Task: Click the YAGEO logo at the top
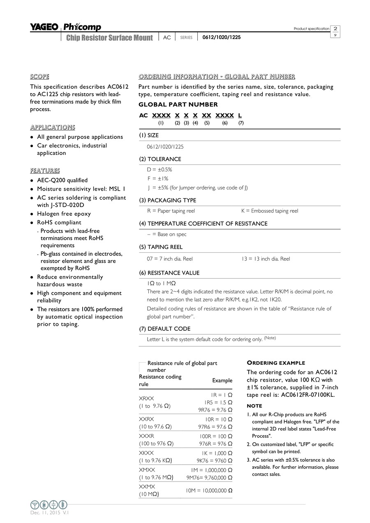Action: (44, 27)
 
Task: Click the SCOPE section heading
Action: (39, 77)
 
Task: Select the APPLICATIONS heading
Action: (52, 127)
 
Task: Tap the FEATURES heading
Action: (45, 171)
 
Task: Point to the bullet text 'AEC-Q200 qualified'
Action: (62, 180)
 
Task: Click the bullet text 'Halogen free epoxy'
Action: (64, 214)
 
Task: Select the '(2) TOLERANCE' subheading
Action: (160, 159)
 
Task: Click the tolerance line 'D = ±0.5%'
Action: (160, 170)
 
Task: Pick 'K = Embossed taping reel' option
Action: (270, 211)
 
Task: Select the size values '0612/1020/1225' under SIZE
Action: (165, 147)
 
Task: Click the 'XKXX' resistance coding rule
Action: (146, 453)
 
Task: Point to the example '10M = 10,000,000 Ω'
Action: (209, 491)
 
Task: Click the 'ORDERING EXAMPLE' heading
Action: (276, 363)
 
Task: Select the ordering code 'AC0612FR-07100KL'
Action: (308, 395)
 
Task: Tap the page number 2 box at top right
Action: (335, 29)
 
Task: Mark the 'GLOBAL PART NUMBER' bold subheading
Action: (178, 105)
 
